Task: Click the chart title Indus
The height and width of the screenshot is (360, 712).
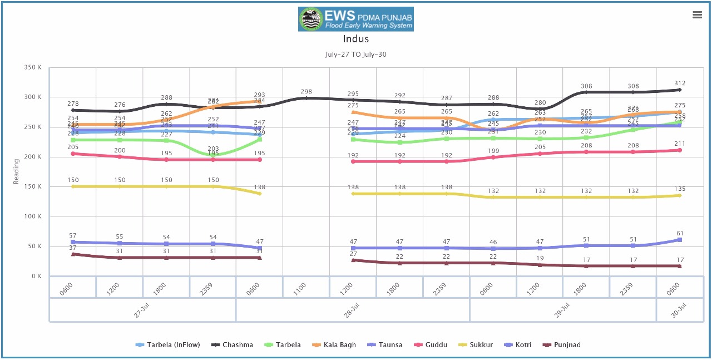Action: pos(355,39)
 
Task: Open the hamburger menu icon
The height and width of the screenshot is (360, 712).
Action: pos(697,15)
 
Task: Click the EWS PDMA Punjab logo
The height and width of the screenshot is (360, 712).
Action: pos(355,19)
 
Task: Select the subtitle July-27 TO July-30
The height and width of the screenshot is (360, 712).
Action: pos(355,55)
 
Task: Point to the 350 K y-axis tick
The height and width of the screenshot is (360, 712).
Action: pos(33,67)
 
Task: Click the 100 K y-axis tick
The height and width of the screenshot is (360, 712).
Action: pos(33,216)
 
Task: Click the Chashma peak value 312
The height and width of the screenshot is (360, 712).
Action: pos(680,83)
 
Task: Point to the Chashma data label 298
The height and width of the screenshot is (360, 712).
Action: pos(306,91)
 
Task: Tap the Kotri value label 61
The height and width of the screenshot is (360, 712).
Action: pos(680,234)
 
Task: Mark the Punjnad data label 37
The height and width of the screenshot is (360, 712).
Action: pos(73,248)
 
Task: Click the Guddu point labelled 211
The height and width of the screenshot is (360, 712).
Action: pos(680,144)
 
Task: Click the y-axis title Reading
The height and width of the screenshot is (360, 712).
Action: pos(17,171)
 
